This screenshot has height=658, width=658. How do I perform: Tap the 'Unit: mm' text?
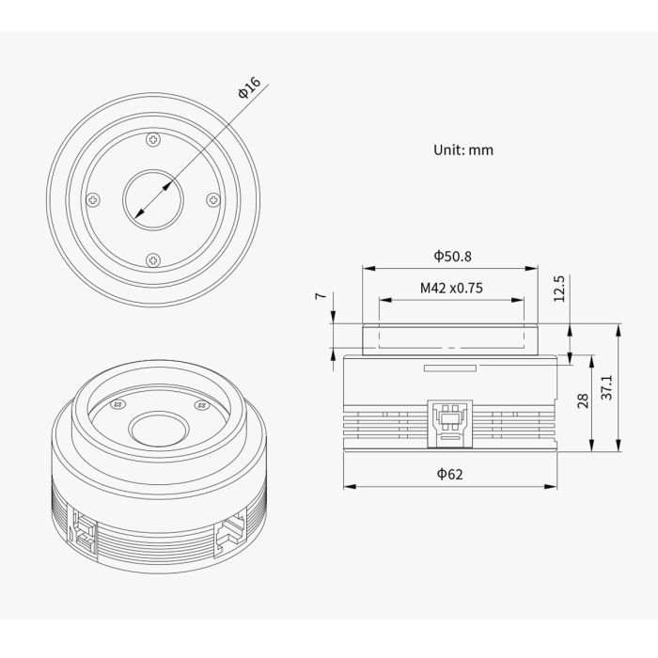click(462, 149)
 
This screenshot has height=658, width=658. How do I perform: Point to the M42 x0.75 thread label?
click(451, 289)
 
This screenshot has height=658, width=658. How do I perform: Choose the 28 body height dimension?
click(582, 401)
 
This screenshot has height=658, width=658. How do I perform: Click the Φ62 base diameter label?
click(449, 475)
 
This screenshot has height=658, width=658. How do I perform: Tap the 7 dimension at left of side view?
click(321, 296)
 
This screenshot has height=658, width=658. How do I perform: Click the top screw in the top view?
click(154, 140)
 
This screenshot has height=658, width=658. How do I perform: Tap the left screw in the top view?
click(94, 199)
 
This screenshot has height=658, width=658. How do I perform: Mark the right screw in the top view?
click(213, 199)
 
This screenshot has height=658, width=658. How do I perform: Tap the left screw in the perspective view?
click(117, 405)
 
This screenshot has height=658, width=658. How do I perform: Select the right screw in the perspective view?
click(199, 405)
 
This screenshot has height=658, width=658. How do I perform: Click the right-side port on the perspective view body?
click(229, 533)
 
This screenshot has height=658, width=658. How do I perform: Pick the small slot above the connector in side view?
click(451, 368)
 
